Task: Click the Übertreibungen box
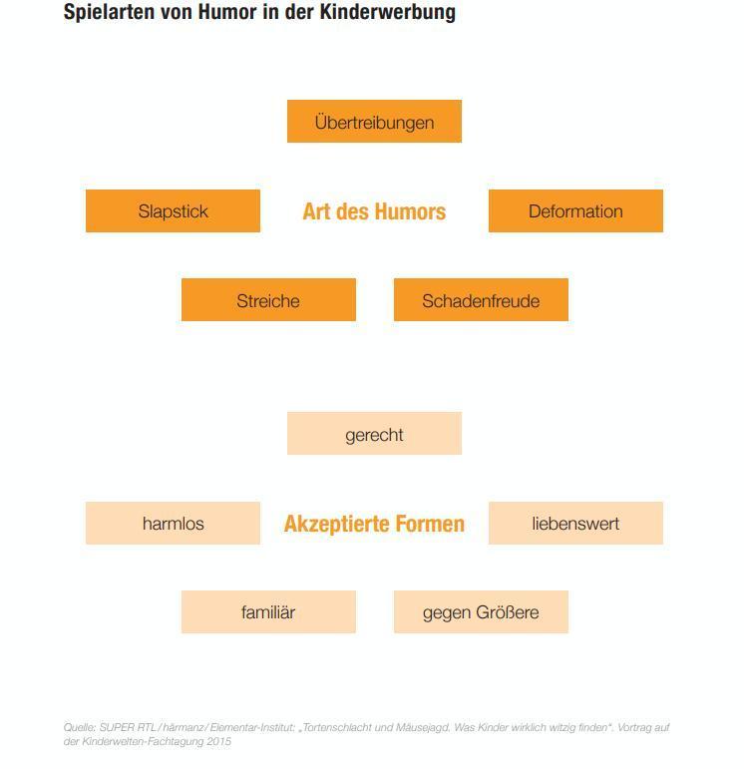(374, 121)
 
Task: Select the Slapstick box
(173, 210)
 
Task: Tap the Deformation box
(575, 210)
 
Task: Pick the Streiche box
(268, 299)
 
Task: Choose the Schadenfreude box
(481, 299)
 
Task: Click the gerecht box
(374, 434)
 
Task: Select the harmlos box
(173, 523)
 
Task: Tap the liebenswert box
(575, 523)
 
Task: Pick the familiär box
(268, 612)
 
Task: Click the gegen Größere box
(481, 612)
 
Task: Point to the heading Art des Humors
(374, 211)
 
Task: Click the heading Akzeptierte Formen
(374, 524)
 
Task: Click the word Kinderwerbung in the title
(387, 12)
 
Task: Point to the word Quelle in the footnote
(79, 727)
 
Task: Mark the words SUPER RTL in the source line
(128, 727)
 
